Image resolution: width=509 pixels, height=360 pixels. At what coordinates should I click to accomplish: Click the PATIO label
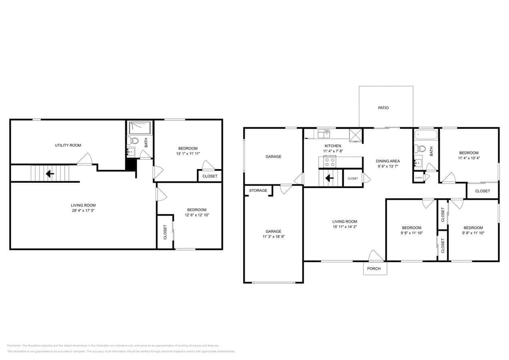[x=383, y=108]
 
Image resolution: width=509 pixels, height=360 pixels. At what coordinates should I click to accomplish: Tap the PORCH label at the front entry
[x=374, y=268]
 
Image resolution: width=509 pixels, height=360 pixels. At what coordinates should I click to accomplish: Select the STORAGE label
[x=258, y=190]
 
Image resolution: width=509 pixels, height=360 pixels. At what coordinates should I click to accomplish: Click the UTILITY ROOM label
[x=68, y=145]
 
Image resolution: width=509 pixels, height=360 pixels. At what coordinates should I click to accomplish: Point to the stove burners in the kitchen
[x=330, y=162]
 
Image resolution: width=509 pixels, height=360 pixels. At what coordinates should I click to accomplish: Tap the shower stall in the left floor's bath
[x=140, y=128]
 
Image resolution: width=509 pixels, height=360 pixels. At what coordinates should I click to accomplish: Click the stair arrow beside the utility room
[x=50, y=174]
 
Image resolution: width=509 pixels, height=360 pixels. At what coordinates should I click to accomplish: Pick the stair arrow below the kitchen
[x=329, y=178]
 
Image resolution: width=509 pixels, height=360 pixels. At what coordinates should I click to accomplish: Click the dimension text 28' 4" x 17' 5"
[x=83, y=210]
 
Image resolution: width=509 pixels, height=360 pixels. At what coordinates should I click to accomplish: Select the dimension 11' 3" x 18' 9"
[x=273, y=236]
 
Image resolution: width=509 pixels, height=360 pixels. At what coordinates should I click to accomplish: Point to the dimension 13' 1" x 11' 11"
[x=188, y=154]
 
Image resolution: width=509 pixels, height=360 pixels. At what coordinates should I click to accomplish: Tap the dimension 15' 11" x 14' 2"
[x=344, y=227]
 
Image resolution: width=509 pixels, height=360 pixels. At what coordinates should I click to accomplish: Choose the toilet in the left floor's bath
[x=133, y=140]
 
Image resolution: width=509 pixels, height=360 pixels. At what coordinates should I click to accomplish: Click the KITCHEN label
[x=333, y=146]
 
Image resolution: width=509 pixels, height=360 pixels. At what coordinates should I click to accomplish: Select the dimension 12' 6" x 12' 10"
[x=196, y=215]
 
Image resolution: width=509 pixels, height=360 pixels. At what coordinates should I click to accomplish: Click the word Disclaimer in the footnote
[x=14, y=346]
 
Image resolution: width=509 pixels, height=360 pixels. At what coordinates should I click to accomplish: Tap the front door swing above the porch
[x=375, y=256]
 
